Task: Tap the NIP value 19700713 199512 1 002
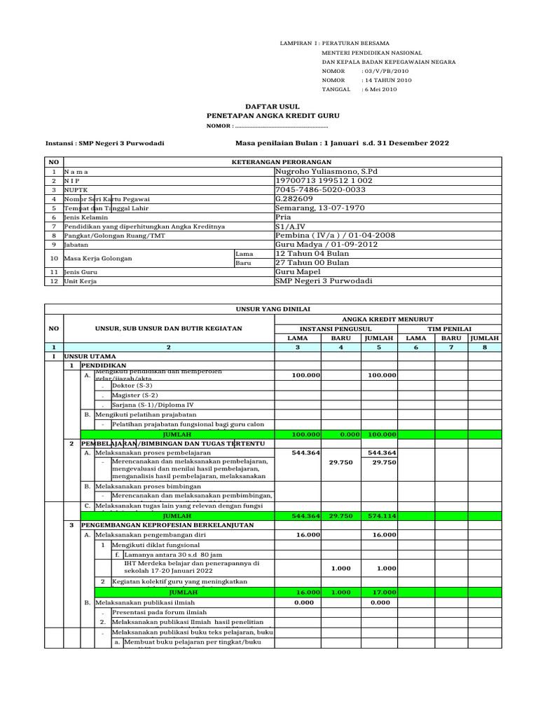point(324,180)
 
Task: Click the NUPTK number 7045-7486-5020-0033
point(321,189)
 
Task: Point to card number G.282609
point(294,198)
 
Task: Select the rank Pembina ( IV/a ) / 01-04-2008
point(336,235)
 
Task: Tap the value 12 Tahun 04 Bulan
point(313,253)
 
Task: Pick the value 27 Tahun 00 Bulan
point(313,263)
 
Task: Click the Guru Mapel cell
point(298,271)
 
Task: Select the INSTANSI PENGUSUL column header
point(336,328)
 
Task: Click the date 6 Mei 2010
point(379,90)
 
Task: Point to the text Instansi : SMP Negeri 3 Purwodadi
point(104,143)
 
